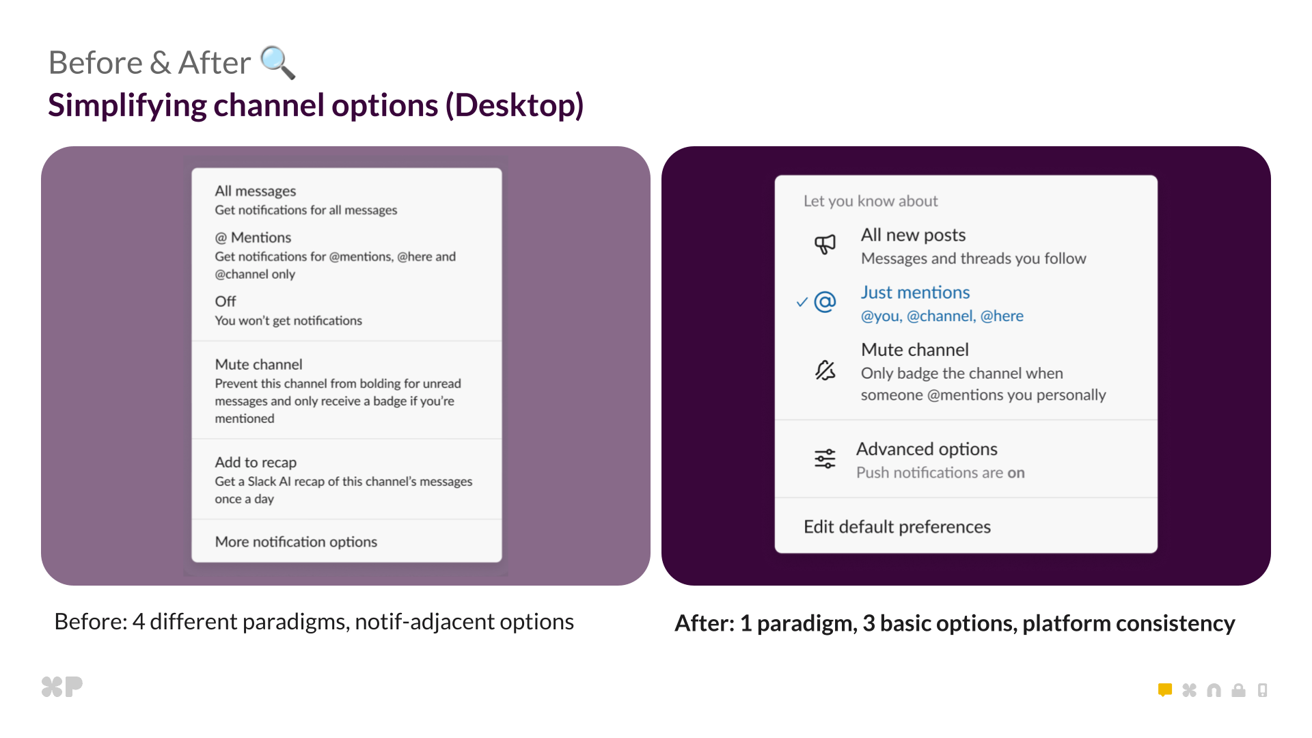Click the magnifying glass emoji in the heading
(277, 62)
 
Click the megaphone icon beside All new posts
(825, 244)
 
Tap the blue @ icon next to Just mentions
(825, 301)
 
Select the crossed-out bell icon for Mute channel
(825, 370)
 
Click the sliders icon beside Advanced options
(825, 459)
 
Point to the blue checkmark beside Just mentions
(802, 302)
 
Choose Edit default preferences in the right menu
(897, 527)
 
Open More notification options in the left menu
(296, 542)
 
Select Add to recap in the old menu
(256, 463)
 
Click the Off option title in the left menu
(225, 301)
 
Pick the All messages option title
(256, 191)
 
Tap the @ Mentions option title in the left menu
(253, 238)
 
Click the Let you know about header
(870, 201)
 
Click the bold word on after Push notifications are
(1016, 473)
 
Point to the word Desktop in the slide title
(515, 105)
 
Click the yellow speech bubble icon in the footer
(1165, 690)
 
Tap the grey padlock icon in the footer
(1238, 690)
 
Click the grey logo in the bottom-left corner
(62, 686)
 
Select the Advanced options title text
(927, 449)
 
